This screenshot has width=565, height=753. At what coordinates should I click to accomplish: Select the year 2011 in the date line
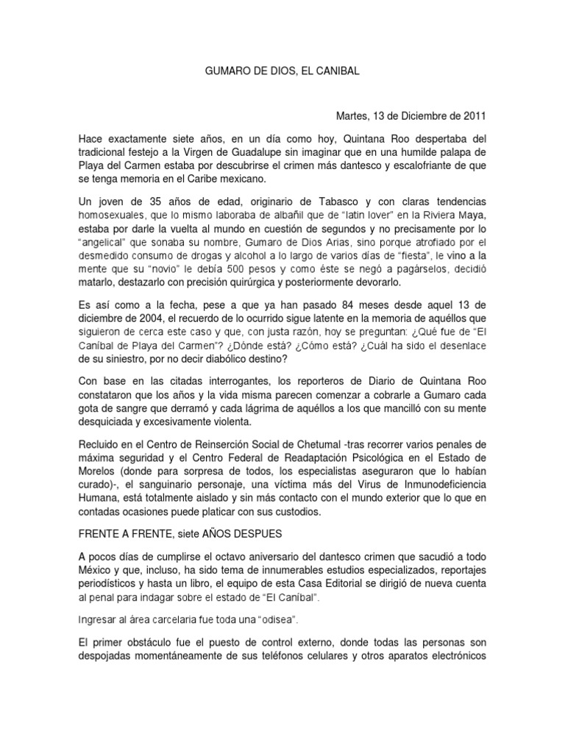pos(474,116)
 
